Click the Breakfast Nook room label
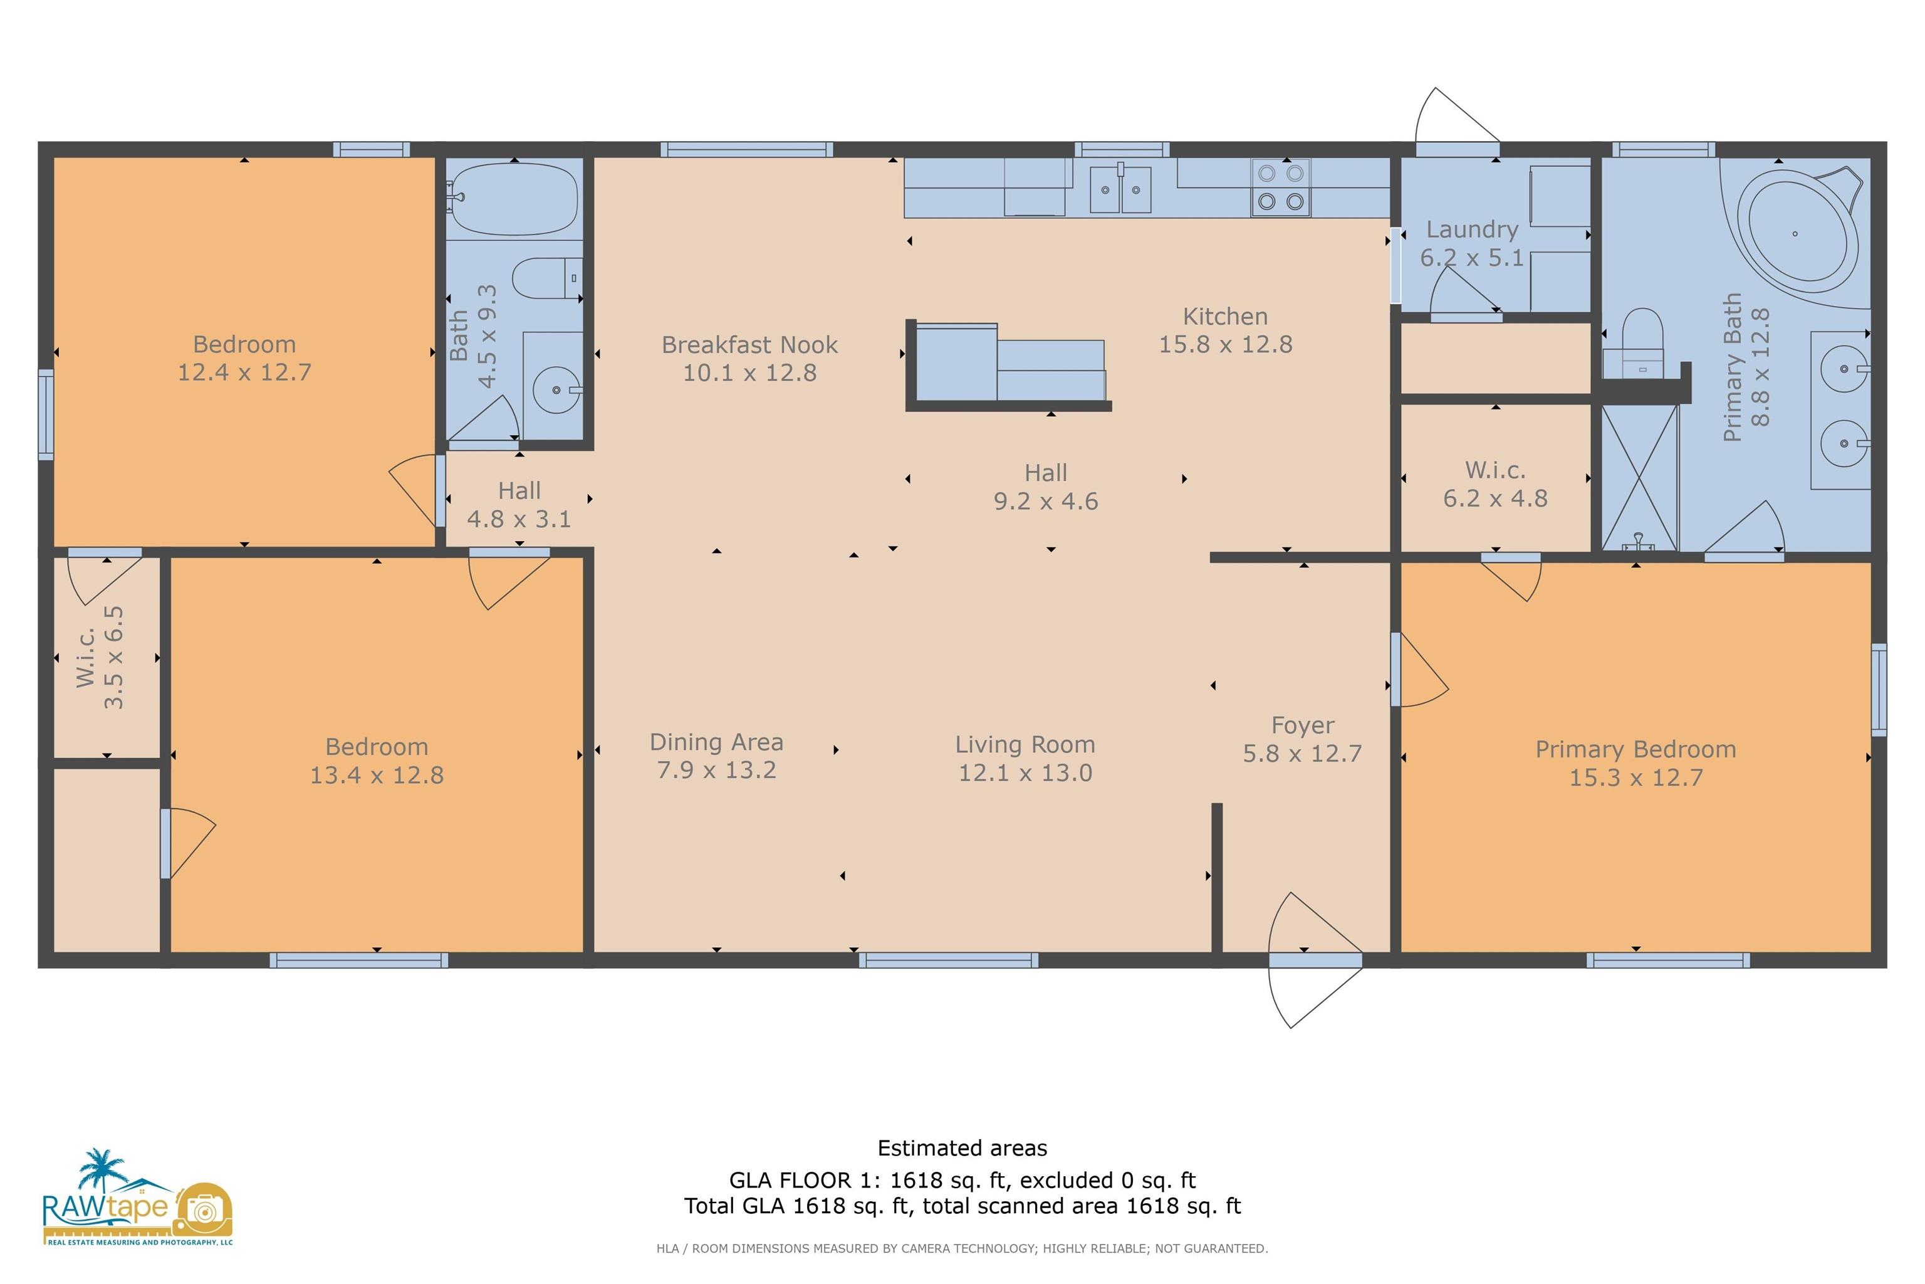click(749, 345)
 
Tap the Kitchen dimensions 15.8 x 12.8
click(1225, 344)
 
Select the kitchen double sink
click(1120, 189)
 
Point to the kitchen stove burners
click(1281, 187)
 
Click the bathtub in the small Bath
click(513, 198)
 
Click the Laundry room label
click(1471, 229)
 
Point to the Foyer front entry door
click(1315, 960)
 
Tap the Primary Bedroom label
click(1635, 749)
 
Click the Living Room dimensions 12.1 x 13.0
click(1026, 772)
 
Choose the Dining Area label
click(716, 742)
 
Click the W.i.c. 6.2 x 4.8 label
click(1495, 484)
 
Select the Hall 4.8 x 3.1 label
click(519, 505)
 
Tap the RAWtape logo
click(137, 1197)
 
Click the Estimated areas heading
click(962, 1148)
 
